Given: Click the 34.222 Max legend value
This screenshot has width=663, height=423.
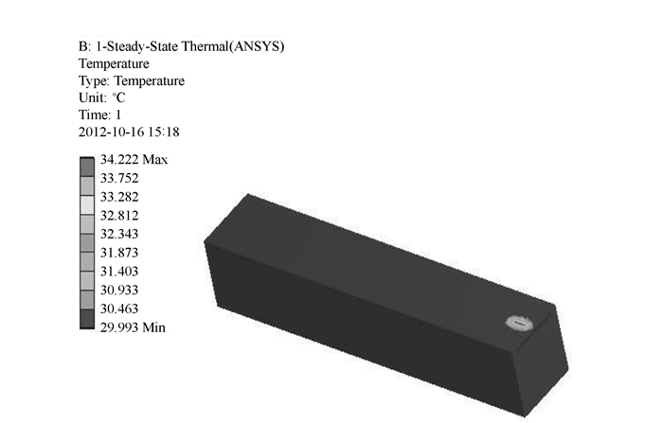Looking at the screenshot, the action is [134, 160].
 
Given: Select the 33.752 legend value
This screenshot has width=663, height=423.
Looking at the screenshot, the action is [119, 178].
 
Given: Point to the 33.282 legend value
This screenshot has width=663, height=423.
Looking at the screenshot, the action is [119, 197].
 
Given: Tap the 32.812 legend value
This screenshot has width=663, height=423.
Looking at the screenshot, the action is [119, 216].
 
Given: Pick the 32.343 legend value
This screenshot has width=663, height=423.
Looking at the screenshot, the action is [119, 234].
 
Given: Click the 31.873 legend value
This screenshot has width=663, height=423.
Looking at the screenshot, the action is [119, 253].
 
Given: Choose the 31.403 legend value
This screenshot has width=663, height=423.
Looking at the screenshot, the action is [119, 272].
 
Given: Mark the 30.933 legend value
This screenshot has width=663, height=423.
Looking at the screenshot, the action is [119, 290].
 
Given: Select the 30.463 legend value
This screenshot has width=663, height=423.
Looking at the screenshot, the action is [119, 308].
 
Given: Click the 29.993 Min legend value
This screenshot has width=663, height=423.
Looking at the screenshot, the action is [133, 327].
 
